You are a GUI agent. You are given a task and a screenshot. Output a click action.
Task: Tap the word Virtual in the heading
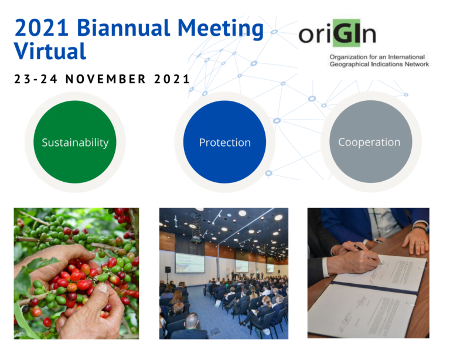pyautogui.click(x=50, y=51)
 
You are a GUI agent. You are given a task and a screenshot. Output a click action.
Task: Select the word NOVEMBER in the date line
pyautogui.click(x=105, y=79)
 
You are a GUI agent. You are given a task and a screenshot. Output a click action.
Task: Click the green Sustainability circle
pyautogui.click(x=75, y=142)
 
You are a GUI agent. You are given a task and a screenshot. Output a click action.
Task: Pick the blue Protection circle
pyautogui.click(x=225, y=142)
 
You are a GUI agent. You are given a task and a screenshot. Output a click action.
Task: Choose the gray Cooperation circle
pyautogui.click(x=371, y=141)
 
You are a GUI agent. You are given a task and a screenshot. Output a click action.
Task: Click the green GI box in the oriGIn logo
pyautogui.click(x=346, y=33)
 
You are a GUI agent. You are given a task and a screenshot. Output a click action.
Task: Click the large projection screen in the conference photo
pyautogui.click(x=190, y=263)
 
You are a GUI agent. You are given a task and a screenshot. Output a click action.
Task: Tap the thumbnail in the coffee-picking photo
pyautogui.click(x=102, y=288)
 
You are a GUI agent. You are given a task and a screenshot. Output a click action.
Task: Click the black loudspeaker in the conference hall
pyautogui.click(x=168, y=270)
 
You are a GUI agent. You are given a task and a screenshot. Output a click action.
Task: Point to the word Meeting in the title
pyautogui.click(x=220, y=28)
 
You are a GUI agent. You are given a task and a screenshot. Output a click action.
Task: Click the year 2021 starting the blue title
pyautogui.click(x=42, y=28)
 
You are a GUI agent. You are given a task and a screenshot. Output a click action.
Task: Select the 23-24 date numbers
pyautogui.click(x=36, y=79)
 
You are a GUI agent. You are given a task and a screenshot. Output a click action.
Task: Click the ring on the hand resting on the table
pyautogui.click(x=422, y=242)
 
